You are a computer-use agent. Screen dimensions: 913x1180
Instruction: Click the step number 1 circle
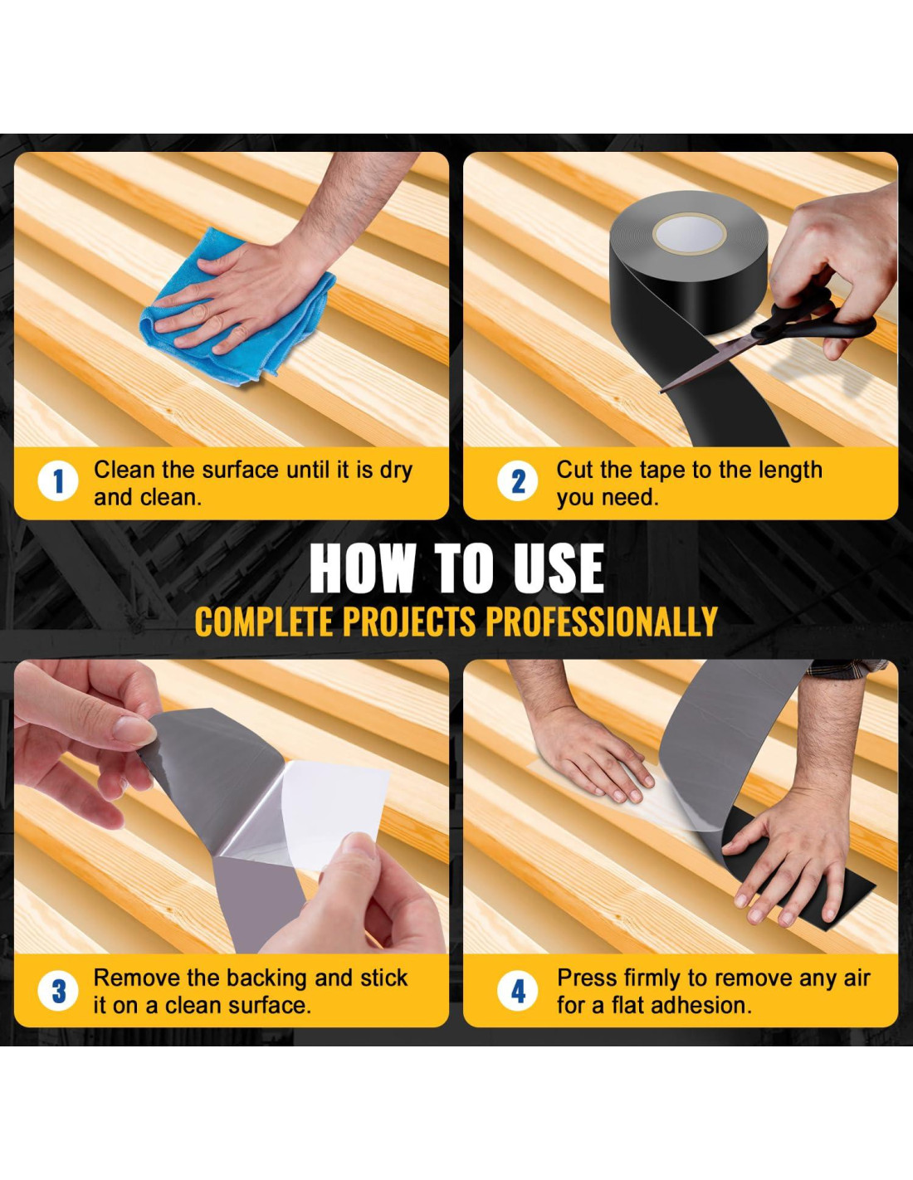58,481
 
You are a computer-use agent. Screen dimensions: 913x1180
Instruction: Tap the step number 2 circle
518,481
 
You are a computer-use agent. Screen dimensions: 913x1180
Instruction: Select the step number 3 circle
58,991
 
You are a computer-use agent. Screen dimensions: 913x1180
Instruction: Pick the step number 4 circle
518,991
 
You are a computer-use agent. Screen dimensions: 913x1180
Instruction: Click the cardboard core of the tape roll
689,233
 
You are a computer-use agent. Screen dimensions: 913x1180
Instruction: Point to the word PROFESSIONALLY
602,622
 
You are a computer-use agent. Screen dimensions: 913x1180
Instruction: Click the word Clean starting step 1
125,471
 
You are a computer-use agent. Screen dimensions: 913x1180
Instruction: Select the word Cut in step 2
575,471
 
